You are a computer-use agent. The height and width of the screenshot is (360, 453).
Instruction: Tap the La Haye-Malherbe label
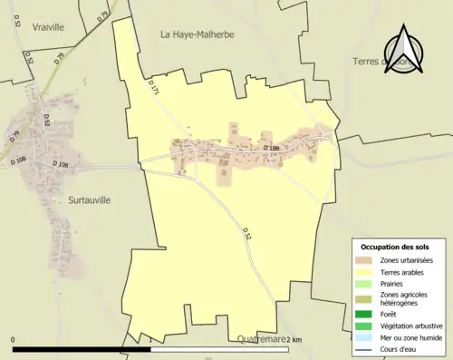pos(197,34)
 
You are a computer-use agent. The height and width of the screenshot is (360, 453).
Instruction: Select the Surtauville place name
pos(89,199)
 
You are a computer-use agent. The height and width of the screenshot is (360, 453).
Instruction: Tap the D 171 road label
pos(153,87)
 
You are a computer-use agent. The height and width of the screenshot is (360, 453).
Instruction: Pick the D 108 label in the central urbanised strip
pos(271,148)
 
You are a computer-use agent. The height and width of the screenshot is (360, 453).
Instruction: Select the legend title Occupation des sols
pos(395,247)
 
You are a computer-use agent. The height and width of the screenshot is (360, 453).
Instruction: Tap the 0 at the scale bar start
pos(14,339)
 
